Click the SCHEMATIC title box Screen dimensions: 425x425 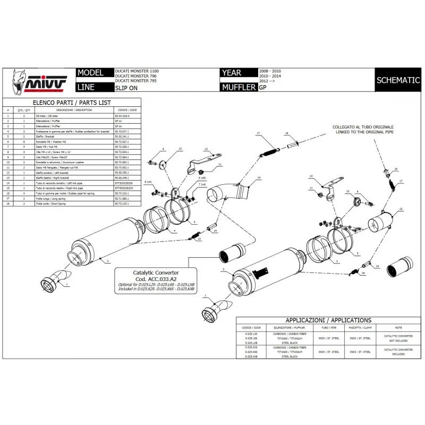tap(398, 80)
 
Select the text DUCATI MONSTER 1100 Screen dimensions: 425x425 tap(137, 71)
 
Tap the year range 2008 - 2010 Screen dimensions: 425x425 tap(270, 71)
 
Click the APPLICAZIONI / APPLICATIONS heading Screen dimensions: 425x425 tap(328, 320)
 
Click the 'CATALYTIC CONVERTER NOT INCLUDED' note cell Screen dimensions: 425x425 tap(398, 338)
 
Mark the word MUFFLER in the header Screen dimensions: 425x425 tap(239, 87)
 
